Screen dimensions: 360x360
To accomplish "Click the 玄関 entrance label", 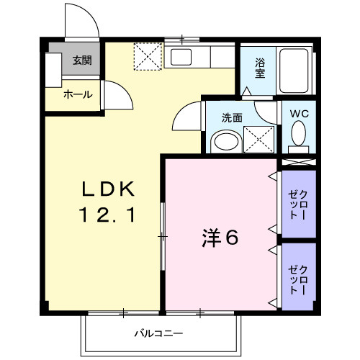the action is [82, 60].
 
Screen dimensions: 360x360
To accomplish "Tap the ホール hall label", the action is [78, 94].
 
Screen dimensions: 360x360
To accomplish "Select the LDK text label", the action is [108, 189].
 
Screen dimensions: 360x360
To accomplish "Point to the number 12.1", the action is [107, 215].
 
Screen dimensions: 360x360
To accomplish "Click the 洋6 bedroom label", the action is [220, 238].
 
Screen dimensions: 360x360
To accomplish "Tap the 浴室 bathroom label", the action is [260, 68].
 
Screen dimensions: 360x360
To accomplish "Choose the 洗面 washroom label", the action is [232, 118].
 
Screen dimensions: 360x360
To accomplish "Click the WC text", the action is [300, 114].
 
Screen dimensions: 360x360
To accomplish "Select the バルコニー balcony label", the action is [158, 333].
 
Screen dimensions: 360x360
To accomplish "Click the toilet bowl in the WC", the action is [299, 133].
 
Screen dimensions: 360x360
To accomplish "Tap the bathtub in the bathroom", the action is [294, 71].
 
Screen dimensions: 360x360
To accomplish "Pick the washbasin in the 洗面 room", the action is [226, 141].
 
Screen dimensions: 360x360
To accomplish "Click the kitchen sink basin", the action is [181, 57].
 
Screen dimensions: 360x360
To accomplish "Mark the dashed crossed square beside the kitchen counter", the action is [148, 56].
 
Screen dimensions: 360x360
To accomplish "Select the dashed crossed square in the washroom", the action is [258, 140].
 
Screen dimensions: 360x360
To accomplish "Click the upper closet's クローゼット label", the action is [298, 204].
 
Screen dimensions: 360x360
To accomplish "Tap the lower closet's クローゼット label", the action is [298, 279].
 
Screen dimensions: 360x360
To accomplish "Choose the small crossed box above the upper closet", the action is [298, 162].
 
